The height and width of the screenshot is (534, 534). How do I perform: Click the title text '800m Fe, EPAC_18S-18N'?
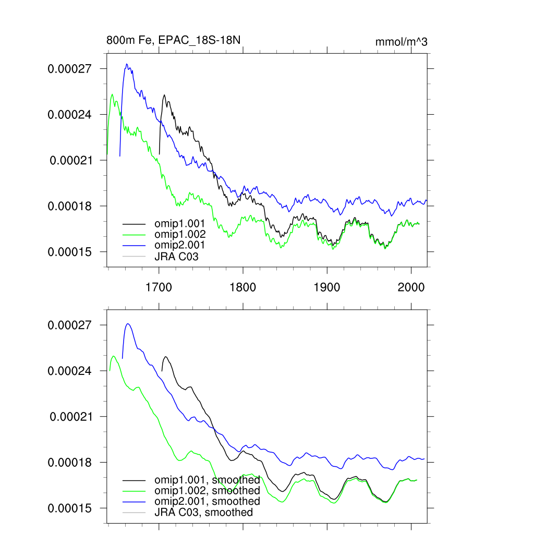pos(173,40)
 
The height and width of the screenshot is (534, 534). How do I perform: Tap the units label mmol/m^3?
pos(401,42)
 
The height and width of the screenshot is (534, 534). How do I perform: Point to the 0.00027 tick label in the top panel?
pos(70,68)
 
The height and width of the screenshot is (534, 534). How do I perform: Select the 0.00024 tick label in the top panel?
pos(70,114)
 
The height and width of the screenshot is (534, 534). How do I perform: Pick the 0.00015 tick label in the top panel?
pos(70,252)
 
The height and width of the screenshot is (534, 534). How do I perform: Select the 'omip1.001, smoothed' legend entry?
pos(207,480)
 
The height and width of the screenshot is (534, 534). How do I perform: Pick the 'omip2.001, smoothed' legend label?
pos(207,501)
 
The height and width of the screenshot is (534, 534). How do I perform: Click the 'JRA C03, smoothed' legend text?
pos(203,512)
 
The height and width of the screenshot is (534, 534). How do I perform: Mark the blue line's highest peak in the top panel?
pos(126,64)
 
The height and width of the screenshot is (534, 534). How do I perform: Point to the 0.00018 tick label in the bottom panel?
pos(70,463)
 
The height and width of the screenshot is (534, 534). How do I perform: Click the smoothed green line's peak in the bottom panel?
pos(113,356)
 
